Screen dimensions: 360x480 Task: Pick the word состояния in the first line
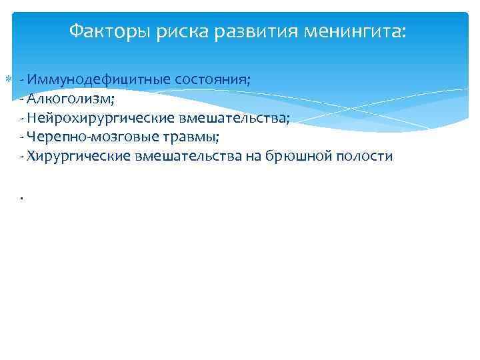coord(213,80)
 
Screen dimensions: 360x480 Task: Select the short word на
coord(253,157)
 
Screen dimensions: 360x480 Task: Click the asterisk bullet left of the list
coord(8,80)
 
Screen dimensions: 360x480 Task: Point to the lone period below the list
coord(22,197)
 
